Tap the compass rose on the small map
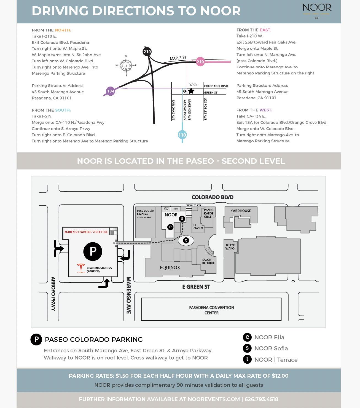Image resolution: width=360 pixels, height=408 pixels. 126,66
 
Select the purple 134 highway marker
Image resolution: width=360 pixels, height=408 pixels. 111,91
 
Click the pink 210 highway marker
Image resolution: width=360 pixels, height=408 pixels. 200,62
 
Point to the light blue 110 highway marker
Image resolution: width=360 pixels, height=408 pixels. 182,135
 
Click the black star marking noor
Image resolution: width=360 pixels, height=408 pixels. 191,91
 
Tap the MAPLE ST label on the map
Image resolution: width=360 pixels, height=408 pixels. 178,58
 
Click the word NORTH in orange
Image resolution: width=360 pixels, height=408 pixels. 63,30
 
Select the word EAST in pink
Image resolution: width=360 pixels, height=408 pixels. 265,30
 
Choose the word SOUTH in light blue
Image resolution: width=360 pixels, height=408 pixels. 63,110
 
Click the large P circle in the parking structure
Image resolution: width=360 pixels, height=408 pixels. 93,251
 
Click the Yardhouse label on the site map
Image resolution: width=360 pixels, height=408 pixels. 241,211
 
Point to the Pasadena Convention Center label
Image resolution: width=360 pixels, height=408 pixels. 211,310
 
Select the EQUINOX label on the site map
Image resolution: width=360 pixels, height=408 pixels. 170,267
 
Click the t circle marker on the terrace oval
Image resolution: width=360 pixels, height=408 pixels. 186,240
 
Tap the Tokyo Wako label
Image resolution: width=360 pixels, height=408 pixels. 230,247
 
